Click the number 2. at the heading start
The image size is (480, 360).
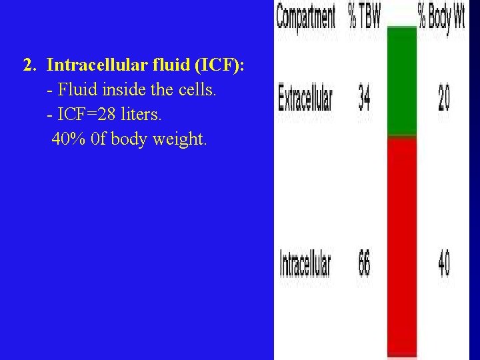29,65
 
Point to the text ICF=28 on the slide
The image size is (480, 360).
84,115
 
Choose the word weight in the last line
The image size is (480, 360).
180,140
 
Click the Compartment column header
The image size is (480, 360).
306,18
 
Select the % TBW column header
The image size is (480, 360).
364,18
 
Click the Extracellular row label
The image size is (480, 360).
305,99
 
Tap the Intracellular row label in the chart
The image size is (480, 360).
305,264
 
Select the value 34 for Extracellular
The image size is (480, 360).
365,99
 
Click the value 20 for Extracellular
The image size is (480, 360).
443,99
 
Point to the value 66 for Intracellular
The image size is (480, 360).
365,264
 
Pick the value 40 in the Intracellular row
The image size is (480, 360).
443,264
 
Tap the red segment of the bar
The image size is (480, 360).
401,247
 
